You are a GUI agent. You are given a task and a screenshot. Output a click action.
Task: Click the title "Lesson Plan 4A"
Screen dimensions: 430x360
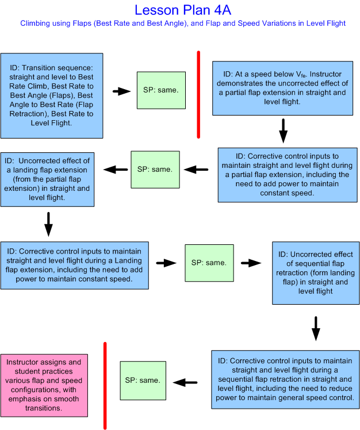pyautogui.click(x=183, y=10)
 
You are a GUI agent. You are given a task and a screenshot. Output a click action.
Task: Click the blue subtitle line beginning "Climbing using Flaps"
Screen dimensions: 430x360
pyautogui.click(x=183, y=24)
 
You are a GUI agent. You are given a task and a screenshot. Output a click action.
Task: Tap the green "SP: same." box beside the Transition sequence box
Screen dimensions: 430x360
pyautogui.click(x=161, y=90)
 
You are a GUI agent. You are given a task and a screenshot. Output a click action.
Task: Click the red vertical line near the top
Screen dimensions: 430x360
pyautogui.click(x=198, y=95)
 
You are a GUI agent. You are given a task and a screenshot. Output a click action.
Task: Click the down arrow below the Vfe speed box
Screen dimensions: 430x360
pyautogui.click(x=283, y=131)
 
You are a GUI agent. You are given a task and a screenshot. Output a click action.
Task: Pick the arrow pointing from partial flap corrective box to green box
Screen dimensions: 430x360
pyautogui.click(x=200, y=170)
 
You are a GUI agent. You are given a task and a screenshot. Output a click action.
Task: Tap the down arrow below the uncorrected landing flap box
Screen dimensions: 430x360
pyautogui.click(x=48, y=224)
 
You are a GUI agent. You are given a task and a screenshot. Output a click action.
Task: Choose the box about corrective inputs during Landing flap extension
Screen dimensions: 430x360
pyautogui.click(x=76, y=265)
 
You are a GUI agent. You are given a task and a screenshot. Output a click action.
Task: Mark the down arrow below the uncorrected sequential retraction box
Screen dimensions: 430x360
pyautogui.click(x=315, y=328)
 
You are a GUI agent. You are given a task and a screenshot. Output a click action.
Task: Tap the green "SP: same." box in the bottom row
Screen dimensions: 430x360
pyautogui.click(x=143, y=381)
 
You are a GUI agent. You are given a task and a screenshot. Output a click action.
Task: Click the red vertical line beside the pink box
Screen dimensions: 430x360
pyautogui.click(x=105, y=385)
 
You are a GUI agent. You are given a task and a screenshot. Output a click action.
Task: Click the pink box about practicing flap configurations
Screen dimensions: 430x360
pyautogui.click(x=44, y=385)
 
